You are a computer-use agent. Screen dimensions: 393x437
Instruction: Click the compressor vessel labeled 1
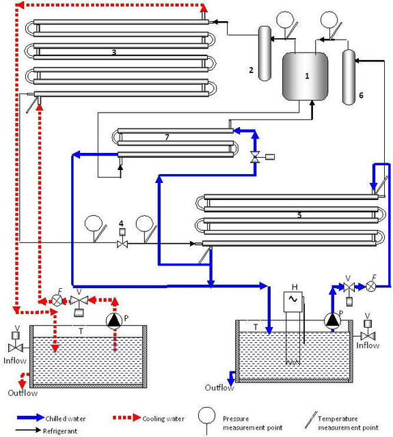coord(305,76)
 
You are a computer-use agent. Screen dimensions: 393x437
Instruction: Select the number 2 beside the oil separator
coord(251,70)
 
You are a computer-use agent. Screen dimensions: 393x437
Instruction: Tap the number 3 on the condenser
coord(114,52)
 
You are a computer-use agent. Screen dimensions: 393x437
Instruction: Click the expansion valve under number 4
coord(122,244)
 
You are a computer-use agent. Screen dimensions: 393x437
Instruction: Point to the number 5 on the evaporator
coord(299,215)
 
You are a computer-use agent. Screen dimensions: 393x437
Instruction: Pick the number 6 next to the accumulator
coord(361,96)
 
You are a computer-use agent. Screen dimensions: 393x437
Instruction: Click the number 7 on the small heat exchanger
coord(167,137)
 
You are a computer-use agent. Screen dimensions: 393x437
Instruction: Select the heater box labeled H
coord(293,302)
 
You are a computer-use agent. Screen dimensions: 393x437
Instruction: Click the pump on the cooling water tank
coord(114,321)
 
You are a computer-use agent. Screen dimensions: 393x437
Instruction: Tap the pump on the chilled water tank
coord(332,320)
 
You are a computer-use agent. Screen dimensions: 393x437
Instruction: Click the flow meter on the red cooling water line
coord(57,300)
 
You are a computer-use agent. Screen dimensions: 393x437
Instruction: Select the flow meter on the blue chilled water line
coord(370,287)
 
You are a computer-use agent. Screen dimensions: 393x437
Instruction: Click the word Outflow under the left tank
coord(23,393)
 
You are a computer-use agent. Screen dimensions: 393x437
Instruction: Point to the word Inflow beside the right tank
coord(368,346)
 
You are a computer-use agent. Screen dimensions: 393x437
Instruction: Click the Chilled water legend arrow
coord(31,417)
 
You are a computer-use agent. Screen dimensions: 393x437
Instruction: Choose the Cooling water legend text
coord(163,419)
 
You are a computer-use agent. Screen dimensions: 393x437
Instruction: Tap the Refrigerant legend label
coord(60,431)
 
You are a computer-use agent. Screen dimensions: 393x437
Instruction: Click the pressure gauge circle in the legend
coord(206,416)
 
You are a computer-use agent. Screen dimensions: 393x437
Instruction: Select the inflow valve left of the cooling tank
coord(16,348)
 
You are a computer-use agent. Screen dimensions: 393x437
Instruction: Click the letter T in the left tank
coord(81,331)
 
